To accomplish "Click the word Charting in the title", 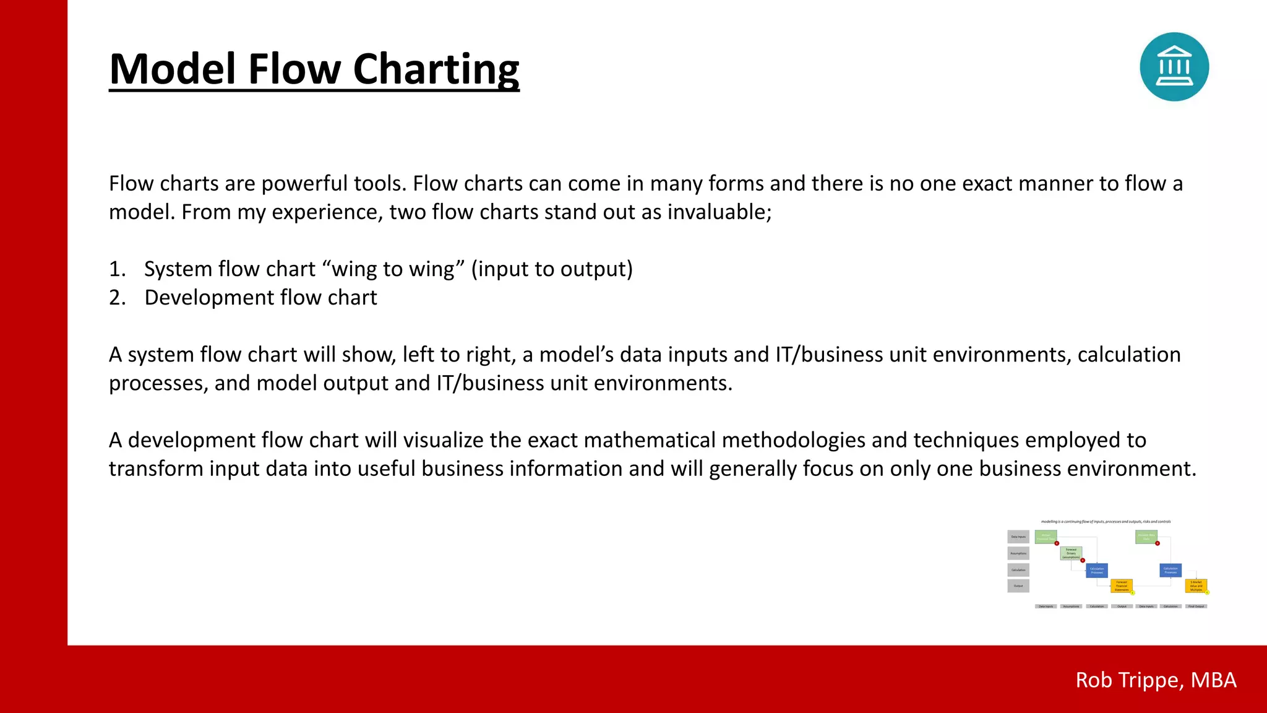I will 436,69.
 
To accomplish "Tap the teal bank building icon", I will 1174,67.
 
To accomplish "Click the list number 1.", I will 116,269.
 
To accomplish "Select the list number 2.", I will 116,298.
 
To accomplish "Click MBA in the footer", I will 1213,680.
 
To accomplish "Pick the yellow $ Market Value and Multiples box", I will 1196,586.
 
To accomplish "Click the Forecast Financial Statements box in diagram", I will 1122,586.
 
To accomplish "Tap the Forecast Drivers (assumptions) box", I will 1071,553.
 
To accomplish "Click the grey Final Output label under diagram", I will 1196,607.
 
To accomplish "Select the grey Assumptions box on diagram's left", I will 1018,553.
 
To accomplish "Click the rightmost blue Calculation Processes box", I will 1170,570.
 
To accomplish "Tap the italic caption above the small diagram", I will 1106,522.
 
